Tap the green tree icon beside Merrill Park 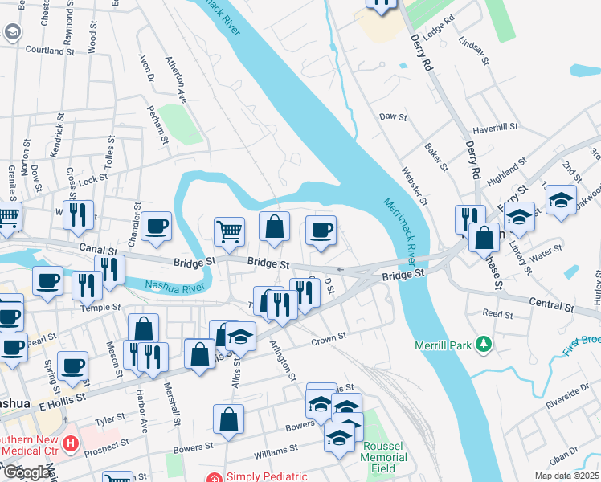click(484, 345)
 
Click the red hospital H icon click(72, 443)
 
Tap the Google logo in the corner click(27, 472)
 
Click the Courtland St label click(50, 50)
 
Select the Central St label click(553, 304)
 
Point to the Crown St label click(329, 339)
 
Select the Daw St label click(394, 117)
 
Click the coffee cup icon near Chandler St click(157, 227)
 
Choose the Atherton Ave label click(176, 80)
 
